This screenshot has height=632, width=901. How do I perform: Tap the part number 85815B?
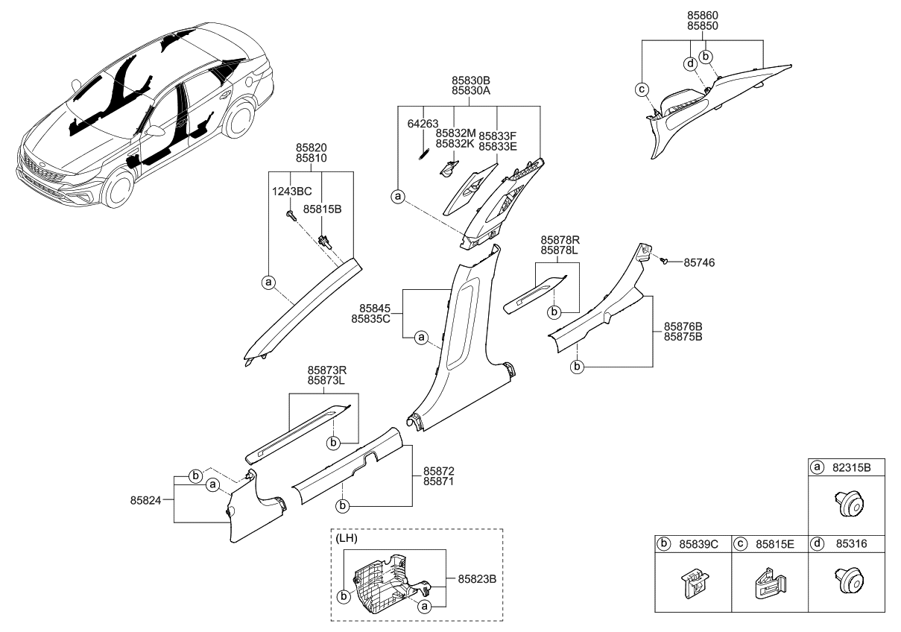[x=323, y=210]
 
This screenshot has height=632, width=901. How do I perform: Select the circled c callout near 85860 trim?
[x=641, y=89]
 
